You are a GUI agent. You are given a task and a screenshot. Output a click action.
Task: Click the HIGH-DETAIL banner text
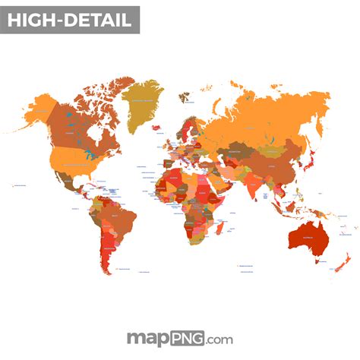[x=70, y=21]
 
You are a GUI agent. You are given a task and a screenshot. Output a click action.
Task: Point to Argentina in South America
[x=109, y=254]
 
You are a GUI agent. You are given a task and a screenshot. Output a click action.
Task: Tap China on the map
[x=277, y=163]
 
